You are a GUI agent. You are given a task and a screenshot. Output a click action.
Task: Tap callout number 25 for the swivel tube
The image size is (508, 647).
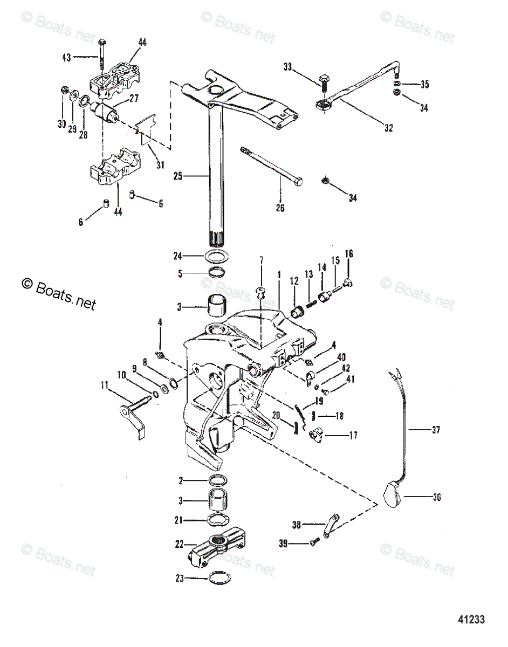tap(178, 176)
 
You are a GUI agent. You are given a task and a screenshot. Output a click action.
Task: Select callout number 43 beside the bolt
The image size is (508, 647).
tap(67, 57)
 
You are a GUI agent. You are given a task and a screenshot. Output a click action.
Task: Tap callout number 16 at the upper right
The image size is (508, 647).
tap(349, 254)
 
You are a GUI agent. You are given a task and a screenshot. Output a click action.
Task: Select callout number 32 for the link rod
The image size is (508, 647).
tap(389, 128)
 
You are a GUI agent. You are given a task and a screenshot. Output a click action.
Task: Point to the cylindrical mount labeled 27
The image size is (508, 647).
tap(104, 113)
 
